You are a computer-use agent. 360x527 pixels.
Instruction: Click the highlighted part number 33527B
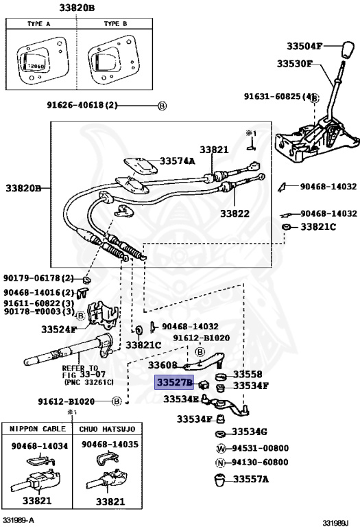(x=174, y=382)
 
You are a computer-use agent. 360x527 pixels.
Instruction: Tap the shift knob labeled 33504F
(x=348, y=50)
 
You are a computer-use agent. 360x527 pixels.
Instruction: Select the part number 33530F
(x=295, y=64)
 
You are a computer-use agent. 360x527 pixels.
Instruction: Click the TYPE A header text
(x=38, y=24)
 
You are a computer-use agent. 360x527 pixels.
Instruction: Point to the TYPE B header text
(x=115, y=24)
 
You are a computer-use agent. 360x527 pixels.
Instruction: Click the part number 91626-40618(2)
(x=82, y=105)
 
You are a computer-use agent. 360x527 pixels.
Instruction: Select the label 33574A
(x=177, y=161)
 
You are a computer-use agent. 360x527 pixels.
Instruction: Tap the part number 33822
(x=235, y=213)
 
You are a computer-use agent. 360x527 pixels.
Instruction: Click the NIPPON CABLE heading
(x=38, y=429)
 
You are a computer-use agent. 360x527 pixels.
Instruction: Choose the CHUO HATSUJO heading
(x=107, y=429)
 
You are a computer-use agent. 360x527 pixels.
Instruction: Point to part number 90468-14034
(x=40, y=446)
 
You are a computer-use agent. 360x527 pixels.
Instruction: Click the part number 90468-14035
(x=110, y=445)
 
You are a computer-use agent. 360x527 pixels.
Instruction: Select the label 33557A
(x=251, y=479)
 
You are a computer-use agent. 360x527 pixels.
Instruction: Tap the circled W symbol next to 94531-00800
(x=221, y=448)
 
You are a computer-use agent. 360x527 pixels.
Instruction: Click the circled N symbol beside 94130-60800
(x=220, y=462)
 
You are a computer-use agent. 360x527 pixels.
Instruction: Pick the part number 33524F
(x=59, y=329)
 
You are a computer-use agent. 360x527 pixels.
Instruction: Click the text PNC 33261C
(x=88, y=382)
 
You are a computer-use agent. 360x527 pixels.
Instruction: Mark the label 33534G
(x=249, y=432)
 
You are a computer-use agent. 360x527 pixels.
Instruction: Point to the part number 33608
(x=163, y=365)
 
